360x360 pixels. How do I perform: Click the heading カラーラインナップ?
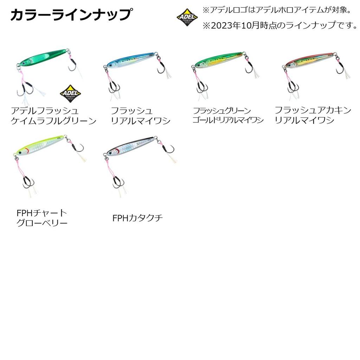coord(71,15)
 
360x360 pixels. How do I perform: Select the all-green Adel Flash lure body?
coord(42,58)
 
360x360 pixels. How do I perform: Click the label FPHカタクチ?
coord(137,218)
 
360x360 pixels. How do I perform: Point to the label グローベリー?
coord(42,223)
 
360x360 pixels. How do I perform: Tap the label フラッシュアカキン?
coord(313,110)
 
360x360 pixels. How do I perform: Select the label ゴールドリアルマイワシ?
coord(227,120)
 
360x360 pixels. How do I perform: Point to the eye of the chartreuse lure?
coord(20,152)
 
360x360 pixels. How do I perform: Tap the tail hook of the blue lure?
coord(161,67)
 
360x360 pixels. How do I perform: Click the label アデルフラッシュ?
coord(44,111)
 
